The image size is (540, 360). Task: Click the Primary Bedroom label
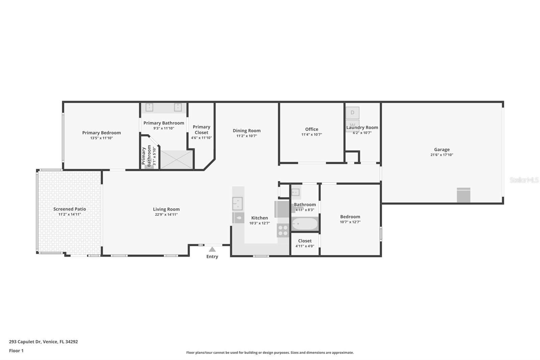pos(101,133)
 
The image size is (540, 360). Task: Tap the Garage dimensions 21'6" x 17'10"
pos(441,155)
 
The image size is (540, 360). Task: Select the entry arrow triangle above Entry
pos(212,250)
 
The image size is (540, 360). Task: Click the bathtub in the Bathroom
pos(305,224)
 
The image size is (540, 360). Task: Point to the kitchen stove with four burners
pos(283,230)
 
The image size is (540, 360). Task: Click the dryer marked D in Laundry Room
pos(352,112)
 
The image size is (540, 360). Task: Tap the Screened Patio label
pos(70,209)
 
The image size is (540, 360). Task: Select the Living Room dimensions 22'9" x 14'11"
pos(166,214)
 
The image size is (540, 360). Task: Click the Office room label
pos(312,129)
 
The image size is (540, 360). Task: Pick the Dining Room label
pos(246,131)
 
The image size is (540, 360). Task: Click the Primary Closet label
pos(201,130)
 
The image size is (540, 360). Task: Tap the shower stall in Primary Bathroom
pos(176,159)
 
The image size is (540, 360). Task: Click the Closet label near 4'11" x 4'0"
pos(305,241)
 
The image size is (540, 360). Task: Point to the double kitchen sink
pos(238,204)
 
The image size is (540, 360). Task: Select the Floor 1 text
pos(16,351)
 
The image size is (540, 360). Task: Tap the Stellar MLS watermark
pos(524,180)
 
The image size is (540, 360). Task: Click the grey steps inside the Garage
pos(463,195)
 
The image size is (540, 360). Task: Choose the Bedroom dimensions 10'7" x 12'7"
pos(350,222)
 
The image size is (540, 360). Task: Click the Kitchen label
pos(260,218)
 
